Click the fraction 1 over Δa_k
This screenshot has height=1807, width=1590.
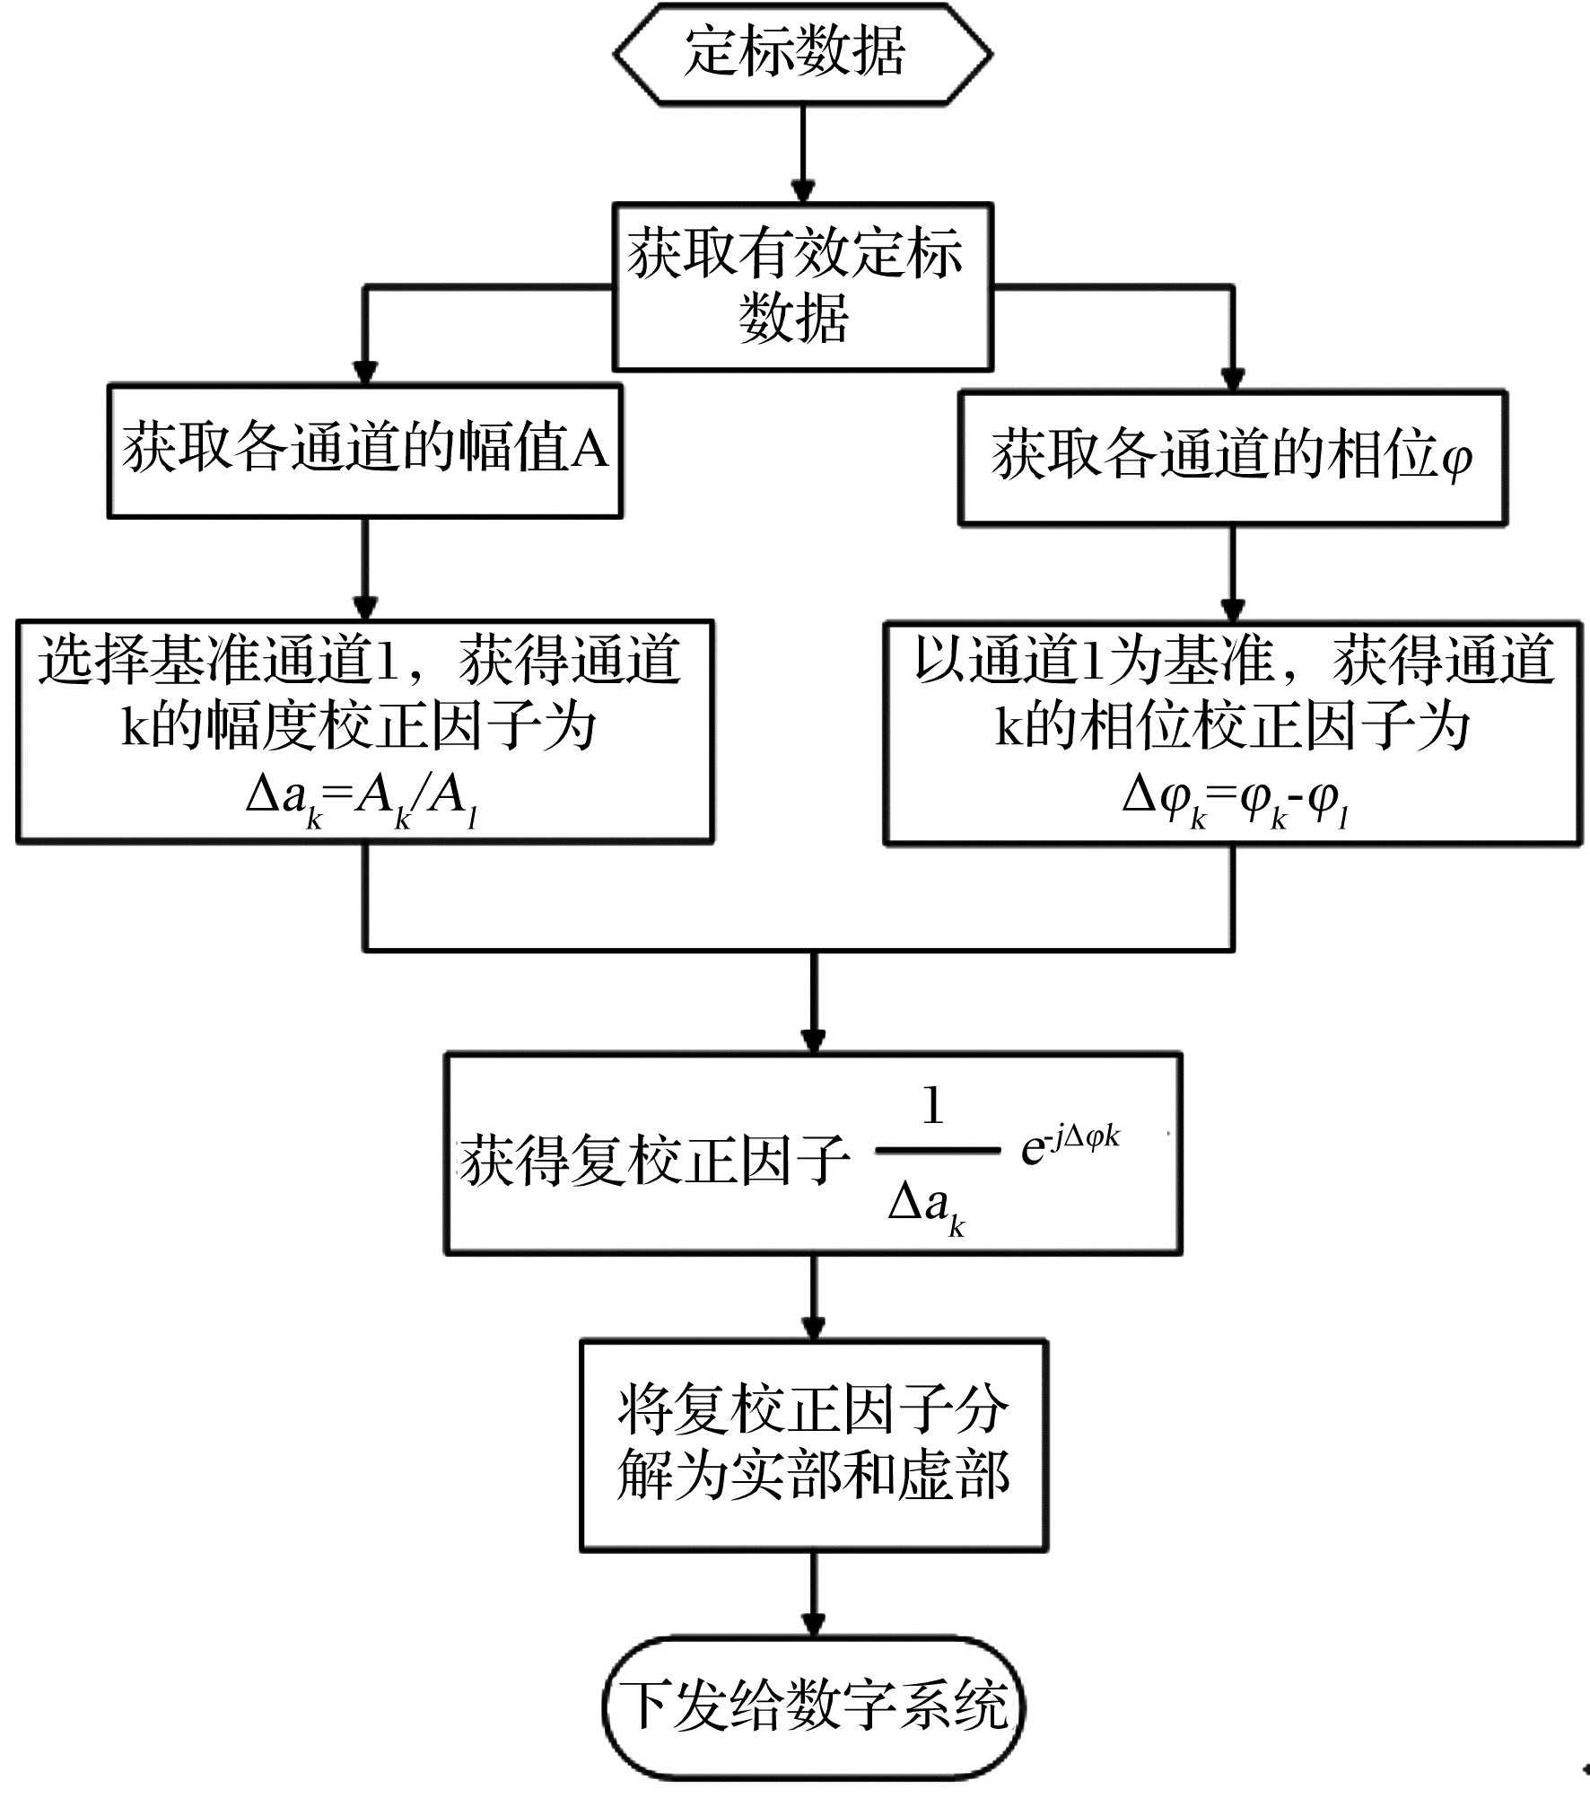click(x=937, y=1159)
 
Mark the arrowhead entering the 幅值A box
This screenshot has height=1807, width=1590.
click(x=364, y=373)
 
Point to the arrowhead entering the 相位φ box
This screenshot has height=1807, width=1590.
click(x=1233, y=378)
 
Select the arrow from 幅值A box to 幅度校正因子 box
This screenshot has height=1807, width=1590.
click(x=364, y=569)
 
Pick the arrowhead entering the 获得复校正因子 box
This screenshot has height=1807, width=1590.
click(x=814, y=1039)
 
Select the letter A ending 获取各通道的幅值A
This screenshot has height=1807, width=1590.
click(x=590, y=449)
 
